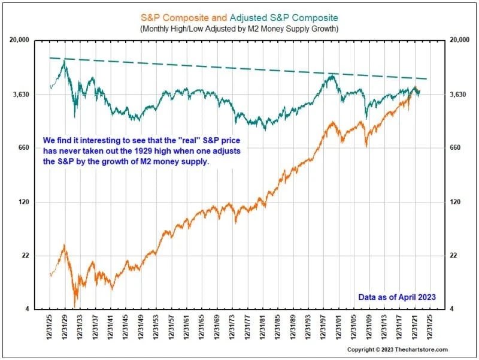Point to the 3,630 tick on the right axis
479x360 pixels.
point(458,95)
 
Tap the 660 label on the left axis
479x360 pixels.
point(24,148)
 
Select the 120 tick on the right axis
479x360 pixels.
point(457,202)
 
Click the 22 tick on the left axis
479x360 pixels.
point(25,256)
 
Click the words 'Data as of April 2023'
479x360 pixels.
point(396,297)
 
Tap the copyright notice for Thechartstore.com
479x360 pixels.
point(397,349)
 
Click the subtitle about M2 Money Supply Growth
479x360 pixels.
point(239,28)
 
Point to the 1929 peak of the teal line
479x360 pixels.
point(64,61)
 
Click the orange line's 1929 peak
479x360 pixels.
point(65,246)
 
